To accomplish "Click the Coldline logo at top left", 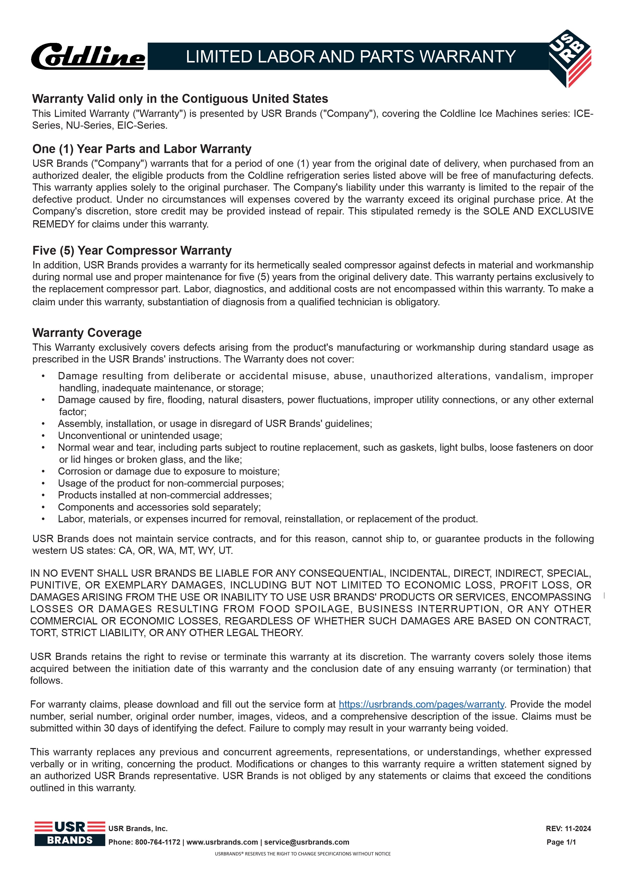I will pos(88,56).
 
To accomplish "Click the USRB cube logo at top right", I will pos(570,57).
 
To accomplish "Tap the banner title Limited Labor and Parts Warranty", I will pos(350,57).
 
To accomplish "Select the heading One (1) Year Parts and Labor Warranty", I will pos(142,149).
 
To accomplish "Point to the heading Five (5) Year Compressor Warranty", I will pos(132,250).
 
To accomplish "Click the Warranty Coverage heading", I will pos(87,333).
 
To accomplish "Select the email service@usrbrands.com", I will pos(306,842).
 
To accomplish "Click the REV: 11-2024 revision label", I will pos(568,828).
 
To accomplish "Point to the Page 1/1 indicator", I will pos(561,842).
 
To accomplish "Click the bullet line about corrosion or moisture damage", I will pos(169,471).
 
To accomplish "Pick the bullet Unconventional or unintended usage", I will pos(140,435).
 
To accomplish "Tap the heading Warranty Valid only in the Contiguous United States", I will pos(180,99).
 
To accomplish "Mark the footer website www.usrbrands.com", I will pos(222,842).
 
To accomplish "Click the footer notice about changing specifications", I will pos(303,854).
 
